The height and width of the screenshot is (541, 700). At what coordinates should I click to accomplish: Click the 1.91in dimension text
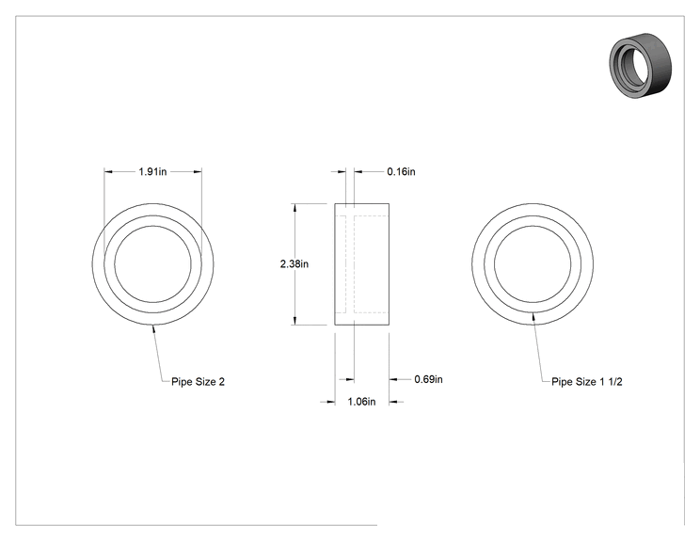click(152, 171)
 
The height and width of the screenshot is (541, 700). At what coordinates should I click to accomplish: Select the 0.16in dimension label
click(401, 171)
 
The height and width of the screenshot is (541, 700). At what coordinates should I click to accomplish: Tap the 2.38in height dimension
click(294, 263)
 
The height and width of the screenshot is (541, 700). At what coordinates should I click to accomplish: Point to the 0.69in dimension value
click(428, 379)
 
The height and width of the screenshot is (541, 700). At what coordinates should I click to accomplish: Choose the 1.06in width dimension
click(361, 402)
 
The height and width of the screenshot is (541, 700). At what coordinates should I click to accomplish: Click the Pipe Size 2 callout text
click(198, 382)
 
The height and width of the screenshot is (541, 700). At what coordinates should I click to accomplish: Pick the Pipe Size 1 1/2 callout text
click(586, 382)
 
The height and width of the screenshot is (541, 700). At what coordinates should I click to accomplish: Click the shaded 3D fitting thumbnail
click(640, 65)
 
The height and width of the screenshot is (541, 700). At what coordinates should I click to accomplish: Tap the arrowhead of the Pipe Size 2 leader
click(153, 328)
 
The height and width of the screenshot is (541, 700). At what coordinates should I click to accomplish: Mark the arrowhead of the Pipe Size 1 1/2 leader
click(533, 316)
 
